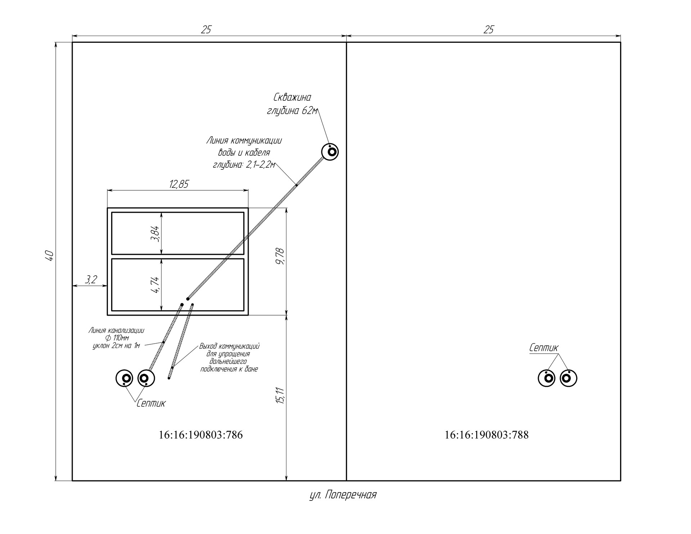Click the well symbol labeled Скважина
[330, 152]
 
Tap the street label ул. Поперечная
[343, 495]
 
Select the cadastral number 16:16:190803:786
[201, 435]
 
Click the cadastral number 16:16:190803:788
[487, 435]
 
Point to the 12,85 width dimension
[179, 184]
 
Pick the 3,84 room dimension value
[156, 234]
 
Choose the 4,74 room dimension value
[156, 285]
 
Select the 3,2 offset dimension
[91, 280]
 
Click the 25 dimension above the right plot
[488, 30]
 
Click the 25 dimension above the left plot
[206, 30]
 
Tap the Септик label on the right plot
[544, 348]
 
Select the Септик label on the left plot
[151, 403]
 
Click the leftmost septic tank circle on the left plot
[125, 378]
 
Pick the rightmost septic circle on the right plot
[569, 378]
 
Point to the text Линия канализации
[116, 330]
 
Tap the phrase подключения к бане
[229, 369]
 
